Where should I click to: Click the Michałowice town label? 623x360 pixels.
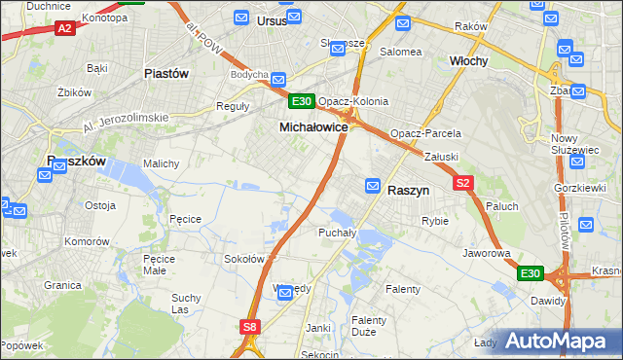[313, 127]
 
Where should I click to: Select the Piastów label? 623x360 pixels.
[165, 73]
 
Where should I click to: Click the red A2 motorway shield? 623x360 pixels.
[65, 29]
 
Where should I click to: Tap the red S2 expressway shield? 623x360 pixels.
[462, 183]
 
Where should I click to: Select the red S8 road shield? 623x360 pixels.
[250, 328]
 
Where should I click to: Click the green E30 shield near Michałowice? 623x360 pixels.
[301, 100]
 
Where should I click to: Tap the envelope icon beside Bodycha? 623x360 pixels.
[278, 80]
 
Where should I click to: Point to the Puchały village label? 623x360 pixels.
[337, 233]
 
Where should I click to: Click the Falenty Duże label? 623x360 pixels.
[370, 326]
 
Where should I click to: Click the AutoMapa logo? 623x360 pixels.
[556, 341]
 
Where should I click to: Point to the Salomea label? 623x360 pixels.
[400, 52]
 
